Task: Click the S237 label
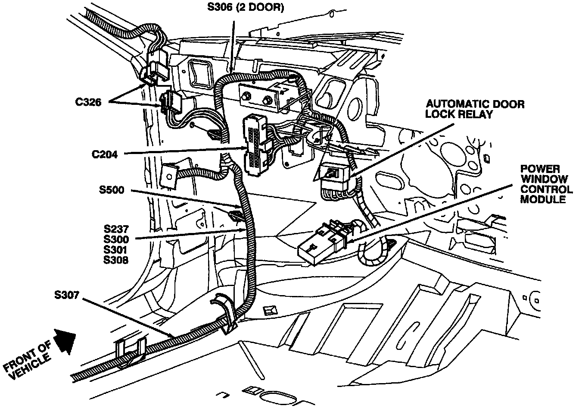(x=116, y=229)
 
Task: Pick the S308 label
(x=116, y=260)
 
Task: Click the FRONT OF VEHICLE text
(x=28, y=362)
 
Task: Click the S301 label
(x=116, y=249)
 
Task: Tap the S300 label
(x=116, y=239)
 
